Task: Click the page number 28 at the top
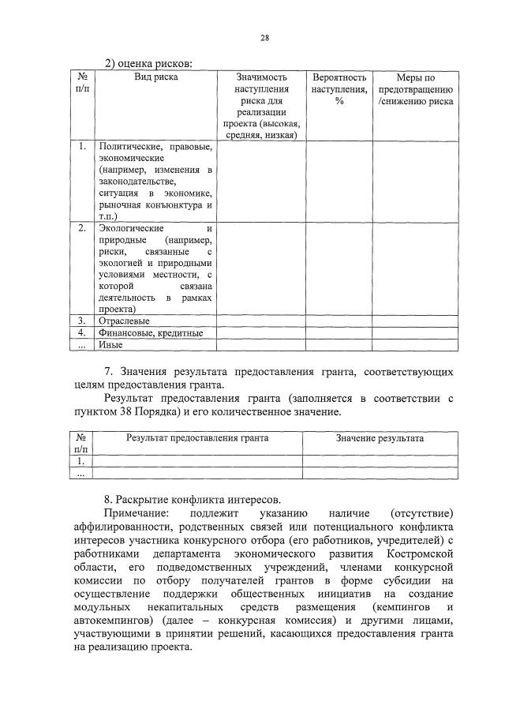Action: [x=265, y=39]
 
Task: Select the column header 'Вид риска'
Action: [x=155, y=77]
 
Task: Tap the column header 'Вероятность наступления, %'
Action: [x=339, y=89]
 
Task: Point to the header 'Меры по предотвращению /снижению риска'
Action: [x=415, y=89]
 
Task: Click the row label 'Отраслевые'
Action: [x=125, y=321]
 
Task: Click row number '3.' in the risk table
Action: [x=82, y=321]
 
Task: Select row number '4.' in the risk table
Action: [x=82, y=332]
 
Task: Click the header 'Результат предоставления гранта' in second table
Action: [x=198, y=437]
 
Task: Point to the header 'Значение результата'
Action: [x=380, y=437]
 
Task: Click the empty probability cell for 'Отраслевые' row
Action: [x=339, y=321]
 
